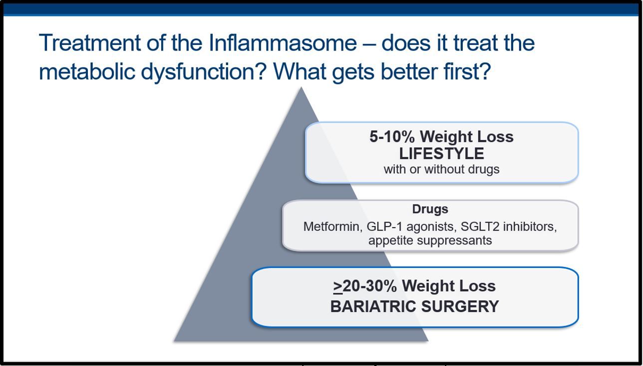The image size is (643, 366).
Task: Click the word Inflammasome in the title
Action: pos(283,43)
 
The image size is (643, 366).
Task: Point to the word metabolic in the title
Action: pos(87,71)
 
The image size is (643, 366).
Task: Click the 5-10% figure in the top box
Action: pos(392,136)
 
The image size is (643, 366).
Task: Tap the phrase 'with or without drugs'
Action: pos(441,169)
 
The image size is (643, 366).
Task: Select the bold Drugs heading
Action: pos(430,209)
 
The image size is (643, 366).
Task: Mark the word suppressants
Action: pos(454,240)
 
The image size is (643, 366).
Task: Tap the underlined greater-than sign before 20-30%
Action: pos(338,286)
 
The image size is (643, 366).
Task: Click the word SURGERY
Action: pos(460,306)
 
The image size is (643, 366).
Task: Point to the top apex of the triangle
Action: pos(301,87)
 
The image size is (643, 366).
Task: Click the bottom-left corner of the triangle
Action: pos(174,341)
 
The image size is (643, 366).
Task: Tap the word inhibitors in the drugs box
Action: pos(530,226)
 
